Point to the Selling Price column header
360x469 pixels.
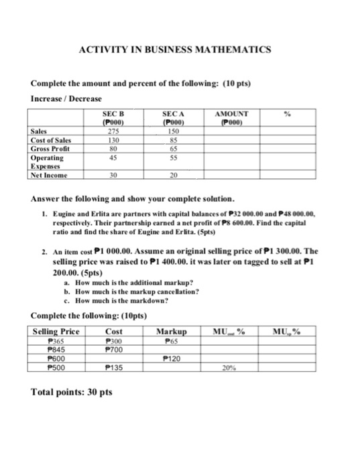(56, 332)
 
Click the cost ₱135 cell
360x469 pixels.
(113, 366)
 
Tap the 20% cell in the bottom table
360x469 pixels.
(229, 366)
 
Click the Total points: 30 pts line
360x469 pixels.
(66, 392)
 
